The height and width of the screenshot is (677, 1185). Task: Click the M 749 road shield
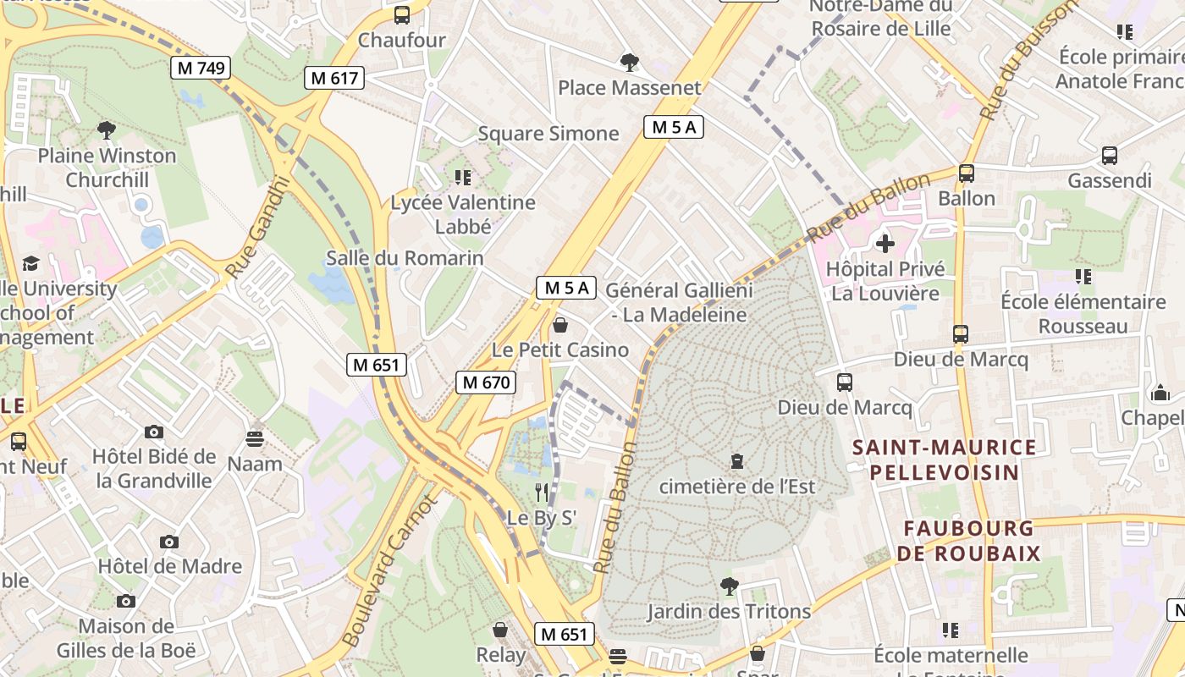point(201,68)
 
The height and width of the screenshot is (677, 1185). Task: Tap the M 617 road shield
point(334,78)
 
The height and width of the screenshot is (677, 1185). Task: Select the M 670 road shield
point(485,383)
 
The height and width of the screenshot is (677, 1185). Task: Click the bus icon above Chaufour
point(402,14)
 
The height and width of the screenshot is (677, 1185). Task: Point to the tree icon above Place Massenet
point(629,62)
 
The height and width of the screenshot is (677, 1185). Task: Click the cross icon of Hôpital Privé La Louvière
point(885,244)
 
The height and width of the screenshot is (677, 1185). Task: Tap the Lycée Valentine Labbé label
point(463,214)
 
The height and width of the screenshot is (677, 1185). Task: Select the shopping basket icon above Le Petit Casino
point(559,325)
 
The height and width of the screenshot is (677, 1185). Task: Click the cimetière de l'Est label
point(736,486)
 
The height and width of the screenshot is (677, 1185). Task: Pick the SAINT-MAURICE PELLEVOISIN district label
point(944,460)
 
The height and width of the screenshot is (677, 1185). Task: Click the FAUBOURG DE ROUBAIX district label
point(971,541)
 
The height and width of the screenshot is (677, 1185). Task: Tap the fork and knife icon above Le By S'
point(542,492)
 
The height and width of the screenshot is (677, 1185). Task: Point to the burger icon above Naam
point(255,438)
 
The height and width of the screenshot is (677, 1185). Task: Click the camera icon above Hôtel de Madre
point(169,542)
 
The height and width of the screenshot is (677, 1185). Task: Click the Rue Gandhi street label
point(257,227)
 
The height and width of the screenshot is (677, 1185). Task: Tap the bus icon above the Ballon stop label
point(966,173)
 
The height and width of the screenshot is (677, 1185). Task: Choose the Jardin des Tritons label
point(729,611)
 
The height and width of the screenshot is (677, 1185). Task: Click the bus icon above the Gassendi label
point(1109,156)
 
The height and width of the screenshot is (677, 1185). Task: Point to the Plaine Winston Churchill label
point(107,168)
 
